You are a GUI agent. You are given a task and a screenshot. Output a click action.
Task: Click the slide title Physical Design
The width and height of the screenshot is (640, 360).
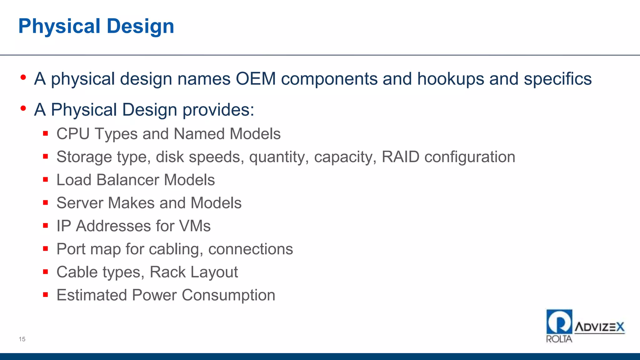click(x=96, y=26)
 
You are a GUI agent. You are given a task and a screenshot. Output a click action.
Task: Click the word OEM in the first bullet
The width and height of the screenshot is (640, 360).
click(x=256, y=79)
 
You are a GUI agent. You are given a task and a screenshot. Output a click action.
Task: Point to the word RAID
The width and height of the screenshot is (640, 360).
click(x=400, y=157)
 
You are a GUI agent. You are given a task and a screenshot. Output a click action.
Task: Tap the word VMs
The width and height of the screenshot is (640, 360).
click(x=195, y=226)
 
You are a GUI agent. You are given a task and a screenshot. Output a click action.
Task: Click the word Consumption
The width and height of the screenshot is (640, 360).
click(x=228, y=295)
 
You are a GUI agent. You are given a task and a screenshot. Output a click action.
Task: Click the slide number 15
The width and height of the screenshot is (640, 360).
click(x=22, y=339)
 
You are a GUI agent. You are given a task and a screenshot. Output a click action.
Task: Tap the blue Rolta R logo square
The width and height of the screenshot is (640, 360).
click(x=559, y=322)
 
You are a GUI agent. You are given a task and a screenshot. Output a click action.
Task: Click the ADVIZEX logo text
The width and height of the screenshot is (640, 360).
click(x=599, y=327)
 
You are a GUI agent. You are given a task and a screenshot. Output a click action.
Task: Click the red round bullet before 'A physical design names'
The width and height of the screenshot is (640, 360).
click(x=23, y=77)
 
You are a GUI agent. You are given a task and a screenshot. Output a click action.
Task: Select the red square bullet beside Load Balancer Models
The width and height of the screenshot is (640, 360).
click(x=46, y=180)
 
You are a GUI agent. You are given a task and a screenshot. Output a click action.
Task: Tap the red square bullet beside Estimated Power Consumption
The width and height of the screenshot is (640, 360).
click(x=46, y=295)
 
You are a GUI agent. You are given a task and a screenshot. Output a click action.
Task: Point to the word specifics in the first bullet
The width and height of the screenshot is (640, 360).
click(x=557, y=79)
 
